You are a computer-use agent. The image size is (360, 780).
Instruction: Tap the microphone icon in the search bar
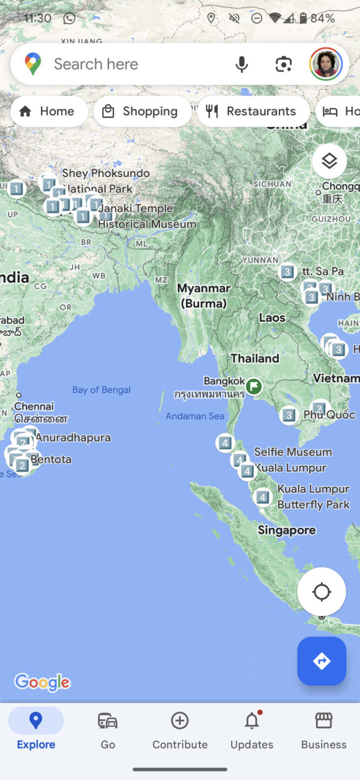tap(241, 64)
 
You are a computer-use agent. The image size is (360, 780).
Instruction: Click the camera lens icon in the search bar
tap(283, 64)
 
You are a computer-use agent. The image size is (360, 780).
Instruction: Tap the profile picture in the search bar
tap(325, 64)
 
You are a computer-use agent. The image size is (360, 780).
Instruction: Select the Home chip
tap(49, 111)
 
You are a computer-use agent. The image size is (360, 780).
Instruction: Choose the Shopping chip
tap(142, 111)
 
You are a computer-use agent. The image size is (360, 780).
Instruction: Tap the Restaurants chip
tap(253, 111)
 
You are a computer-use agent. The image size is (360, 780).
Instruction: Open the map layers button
tap(329, 161)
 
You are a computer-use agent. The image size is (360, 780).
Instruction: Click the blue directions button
tap(322, 661)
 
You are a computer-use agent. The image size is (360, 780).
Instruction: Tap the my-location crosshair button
tap(322, 591)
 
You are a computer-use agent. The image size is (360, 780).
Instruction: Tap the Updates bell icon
tap(252, 721)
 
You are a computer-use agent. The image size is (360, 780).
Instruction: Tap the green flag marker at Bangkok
tap(253, 387)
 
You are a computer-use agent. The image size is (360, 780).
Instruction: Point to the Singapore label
tap(286, 530)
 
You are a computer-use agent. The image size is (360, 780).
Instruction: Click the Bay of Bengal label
tap(101, 390)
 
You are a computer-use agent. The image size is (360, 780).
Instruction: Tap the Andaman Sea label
tap(194, 416)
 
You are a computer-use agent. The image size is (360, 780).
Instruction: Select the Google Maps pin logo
tap(33, 64)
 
